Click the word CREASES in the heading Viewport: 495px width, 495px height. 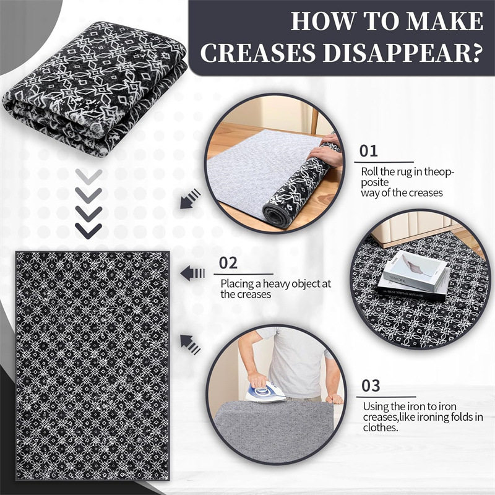pyautogui.click(x=258, y=52)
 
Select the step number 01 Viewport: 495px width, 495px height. pyautogui.click(x=368, y=151)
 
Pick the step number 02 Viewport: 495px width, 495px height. pyautogui.click(x=228, y=263)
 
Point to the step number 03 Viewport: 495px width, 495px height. pyautogui.click(x=371, y=385)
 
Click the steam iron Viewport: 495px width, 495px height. pyautogui.click(x=265, y=392)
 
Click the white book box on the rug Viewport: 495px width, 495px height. pyautogui.click(x=415, y=270)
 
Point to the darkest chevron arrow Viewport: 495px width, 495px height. pyautogui.click(x=88, y=231)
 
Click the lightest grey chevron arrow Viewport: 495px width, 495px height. pyautogui.click(x=88, y=176)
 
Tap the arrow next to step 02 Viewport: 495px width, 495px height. pyautogui.click(x=192, y=273)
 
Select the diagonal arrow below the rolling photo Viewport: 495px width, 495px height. pyautogui.click(x=191, y=199)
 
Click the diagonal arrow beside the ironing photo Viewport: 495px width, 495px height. pyautogui.click(x=190, y=345)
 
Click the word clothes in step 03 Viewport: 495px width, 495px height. pyautogui.click(x=380, y=428)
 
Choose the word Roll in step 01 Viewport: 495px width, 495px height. pyautogui.click(x=369, y=172)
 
